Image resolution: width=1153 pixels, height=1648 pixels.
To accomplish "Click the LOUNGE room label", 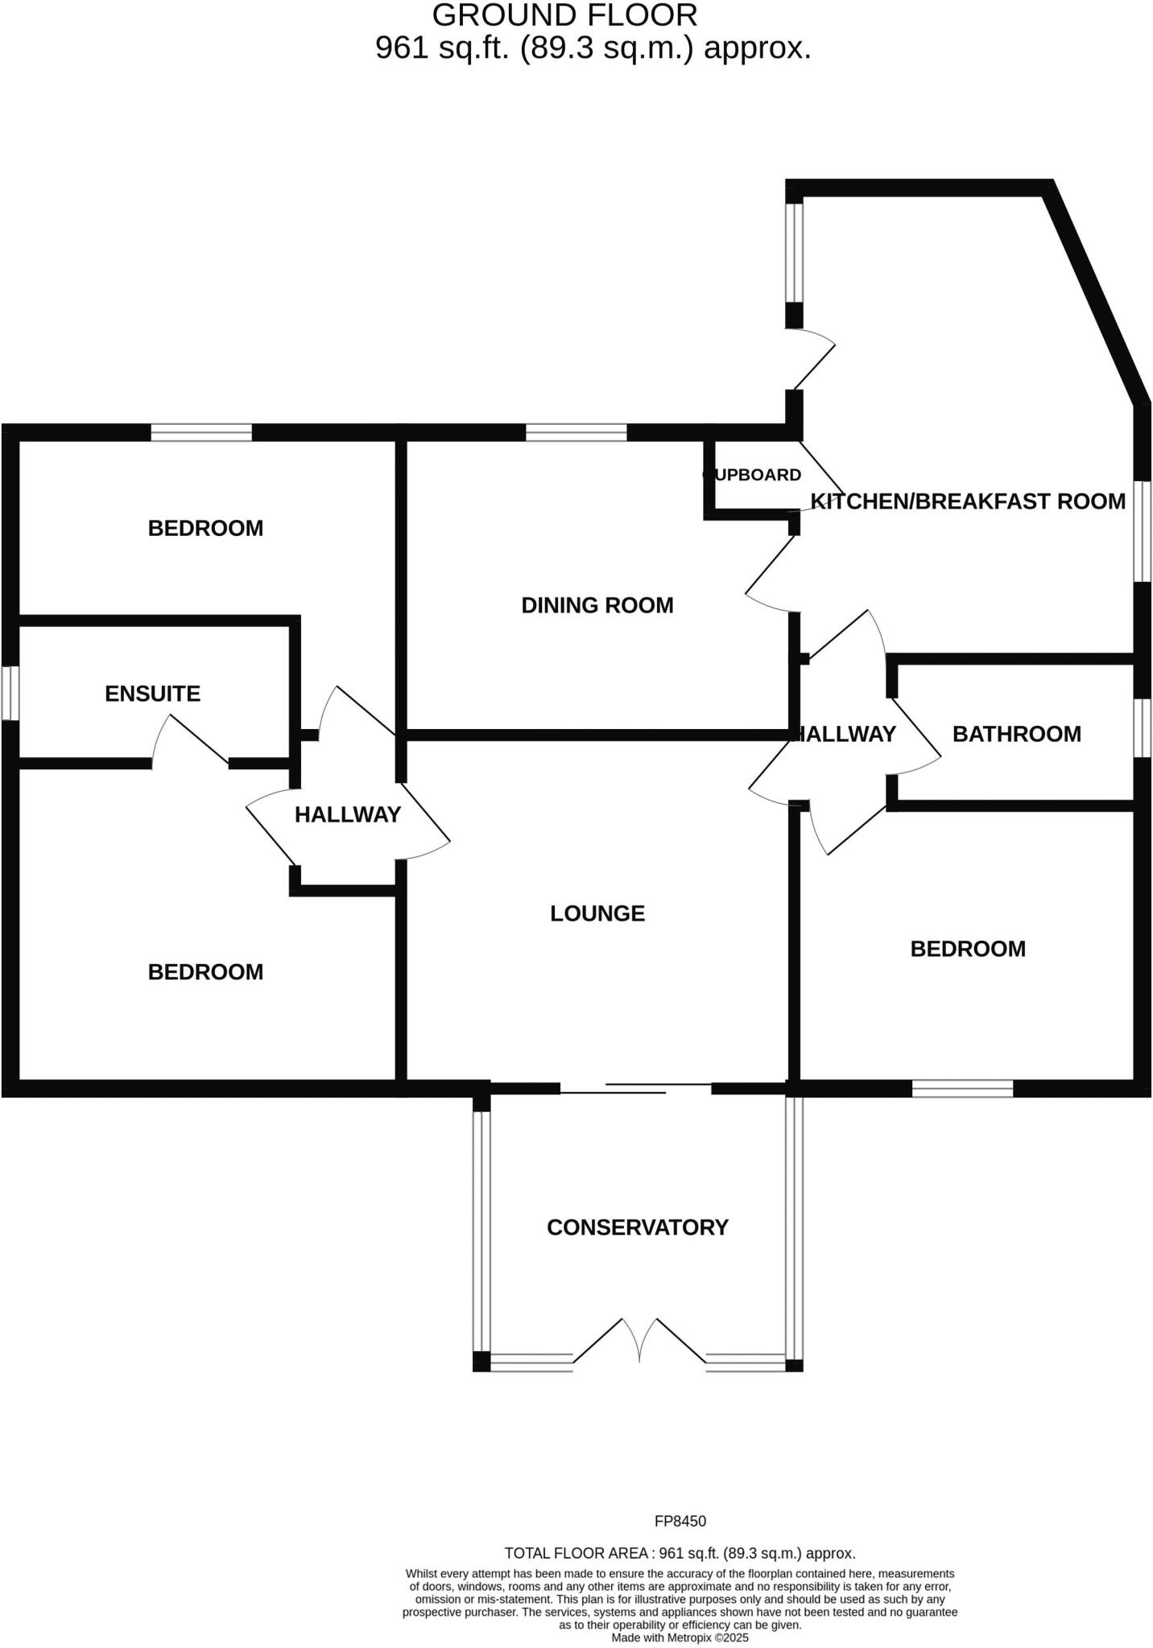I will [597, 913].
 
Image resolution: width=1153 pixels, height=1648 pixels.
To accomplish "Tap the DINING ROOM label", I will [597, 605].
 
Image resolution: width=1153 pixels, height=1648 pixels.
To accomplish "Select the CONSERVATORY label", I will [637, 1227].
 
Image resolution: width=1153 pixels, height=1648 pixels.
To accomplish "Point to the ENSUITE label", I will [152, 694].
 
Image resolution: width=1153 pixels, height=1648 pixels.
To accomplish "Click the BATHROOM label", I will [1016, 734].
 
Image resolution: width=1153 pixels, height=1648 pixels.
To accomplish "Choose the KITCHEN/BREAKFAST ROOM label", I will [967, 501].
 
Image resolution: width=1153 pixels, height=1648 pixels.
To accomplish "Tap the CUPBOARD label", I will [753, 475].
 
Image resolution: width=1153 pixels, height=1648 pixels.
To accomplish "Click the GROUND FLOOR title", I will [564, 15].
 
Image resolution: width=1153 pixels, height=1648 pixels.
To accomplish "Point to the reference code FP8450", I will [680, 1521].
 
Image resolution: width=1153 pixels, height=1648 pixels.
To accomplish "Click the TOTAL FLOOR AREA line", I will [680, 1553].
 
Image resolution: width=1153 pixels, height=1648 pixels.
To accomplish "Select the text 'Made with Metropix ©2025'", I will [680, 1638].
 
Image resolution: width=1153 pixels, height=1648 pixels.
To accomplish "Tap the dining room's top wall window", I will [576, 433].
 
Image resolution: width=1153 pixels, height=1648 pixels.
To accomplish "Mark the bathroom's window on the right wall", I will [1143, 727].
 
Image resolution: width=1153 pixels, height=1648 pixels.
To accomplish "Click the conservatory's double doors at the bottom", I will [639, 1342].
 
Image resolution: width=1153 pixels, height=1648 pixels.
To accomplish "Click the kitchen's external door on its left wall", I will [809, 359].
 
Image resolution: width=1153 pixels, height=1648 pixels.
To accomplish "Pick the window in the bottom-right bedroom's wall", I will [962, 1089].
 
